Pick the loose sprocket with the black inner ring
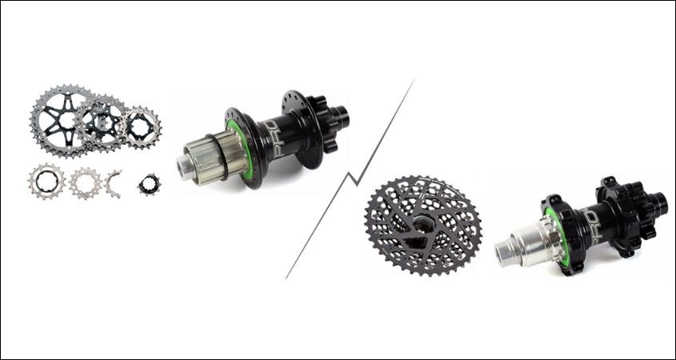[46, 182]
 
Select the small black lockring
[149, 185]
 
